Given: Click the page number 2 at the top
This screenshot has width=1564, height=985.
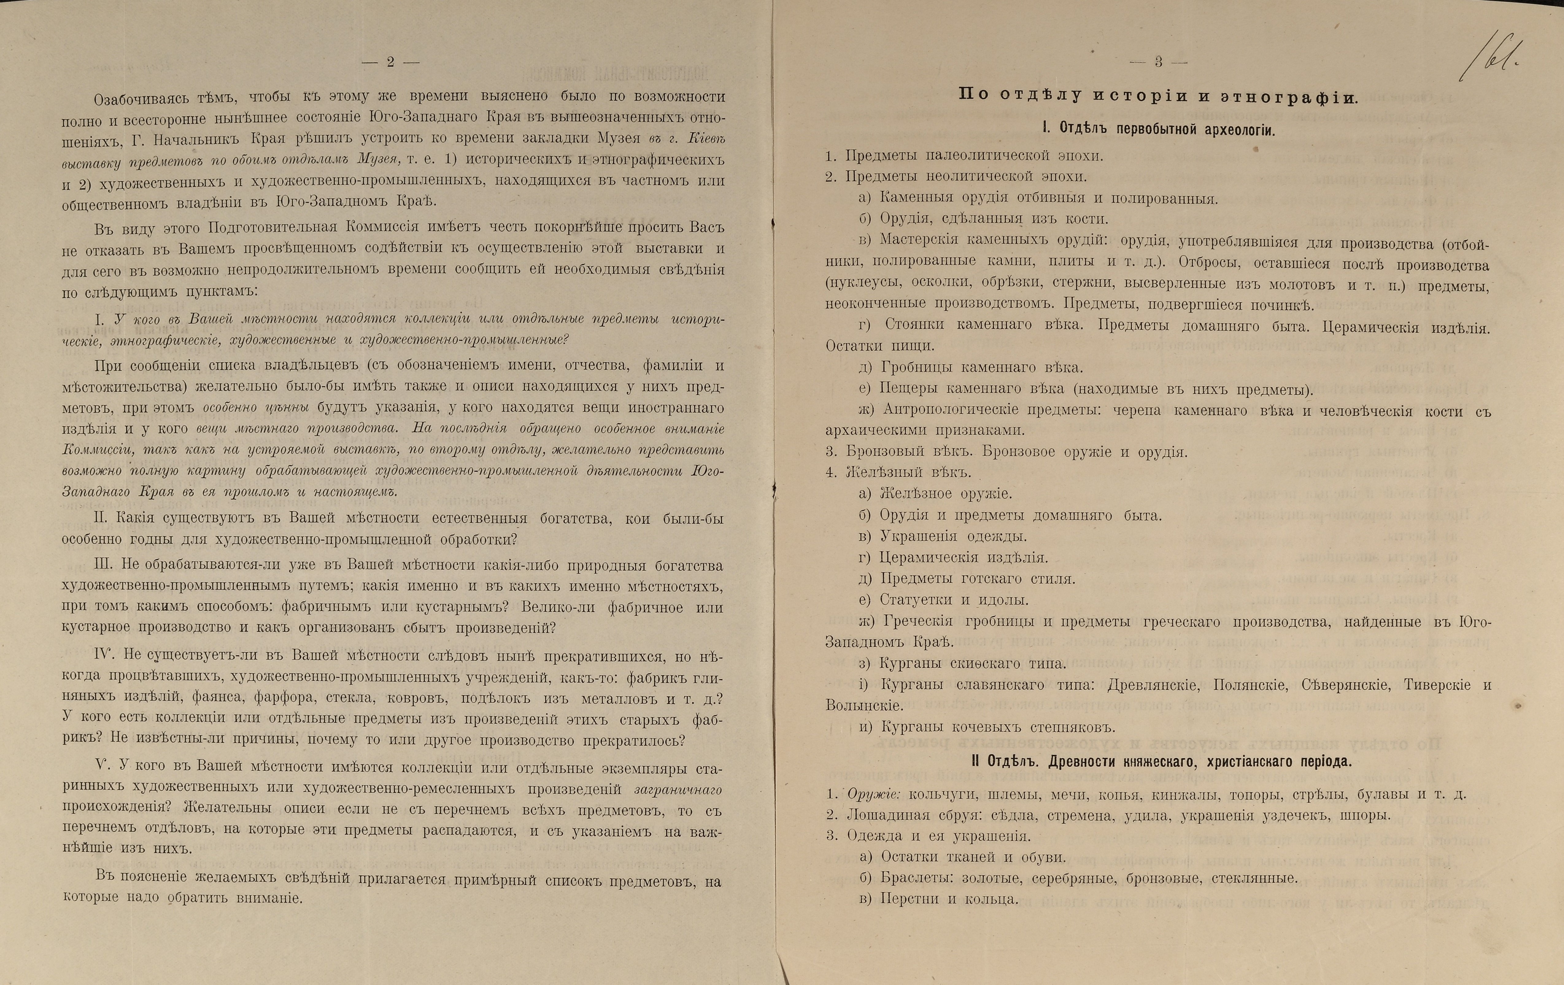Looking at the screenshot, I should point(390,62).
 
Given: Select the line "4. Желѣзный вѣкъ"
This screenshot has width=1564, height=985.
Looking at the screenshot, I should point(898,472).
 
